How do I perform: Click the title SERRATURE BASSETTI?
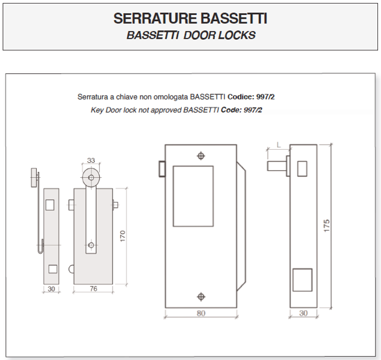[x=190, y=19]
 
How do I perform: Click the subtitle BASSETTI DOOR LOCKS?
[x=190, y=35]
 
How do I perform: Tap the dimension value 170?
[x=123, y=236]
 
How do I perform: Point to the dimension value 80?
[x=200, y=313]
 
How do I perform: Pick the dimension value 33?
[x=91, y=160]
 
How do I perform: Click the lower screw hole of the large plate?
[x=200, y=296]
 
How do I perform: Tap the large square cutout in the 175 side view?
[x=302, y=280]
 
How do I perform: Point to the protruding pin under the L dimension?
[x=278, y=166]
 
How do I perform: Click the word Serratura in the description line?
[x=92, y=97]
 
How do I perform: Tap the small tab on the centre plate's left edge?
[x=161, y=169]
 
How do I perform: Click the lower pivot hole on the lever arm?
[x=91, y=245]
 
